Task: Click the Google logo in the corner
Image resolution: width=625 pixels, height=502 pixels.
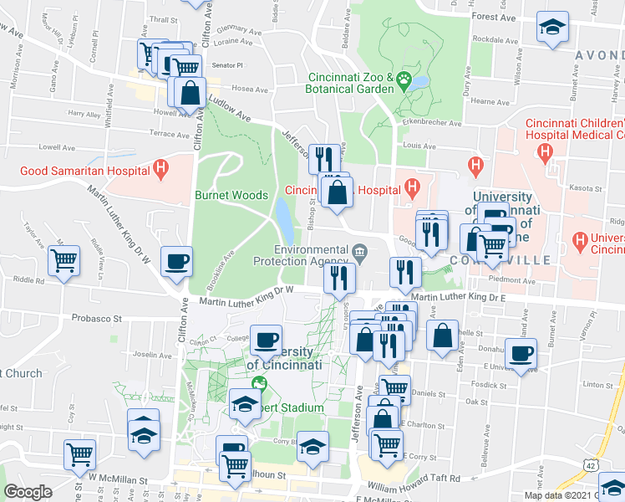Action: coord(28,492)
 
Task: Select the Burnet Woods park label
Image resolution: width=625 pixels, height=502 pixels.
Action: coord(231,195)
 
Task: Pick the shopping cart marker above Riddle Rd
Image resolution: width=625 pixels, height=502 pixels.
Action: coord(64,260)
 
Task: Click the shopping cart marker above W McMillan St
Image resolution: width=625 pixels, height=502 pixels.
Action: coord(80,454)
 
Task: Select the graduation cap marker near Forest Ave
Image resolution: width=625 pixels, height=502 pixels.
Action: coord(552,26)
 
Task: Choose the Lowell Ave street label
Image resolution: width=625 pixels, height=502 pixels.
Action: coord(56,146)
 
